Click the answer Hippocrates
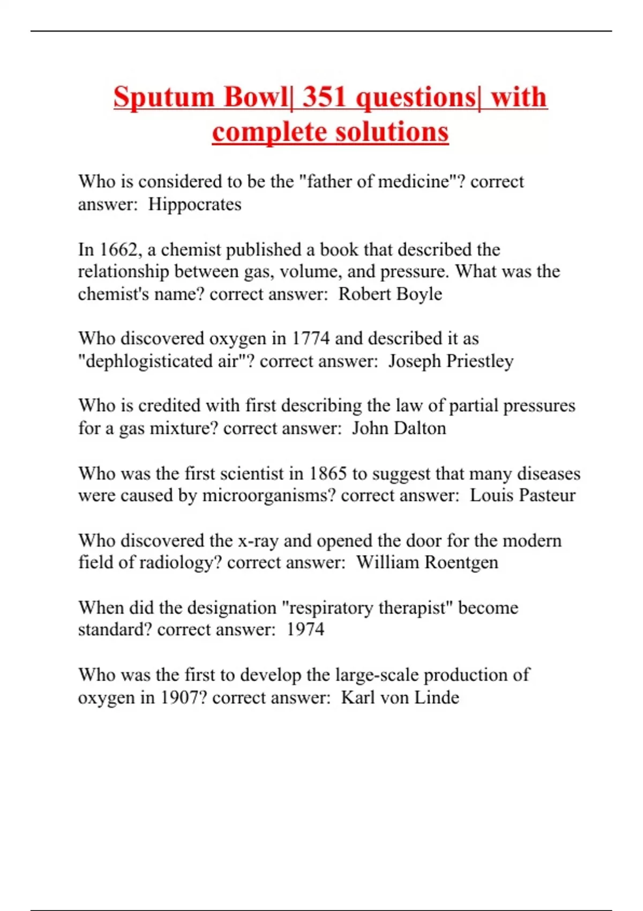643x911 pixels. click(x=195, y=204)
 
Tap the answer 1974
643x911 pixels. click(x=305, y=629)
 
